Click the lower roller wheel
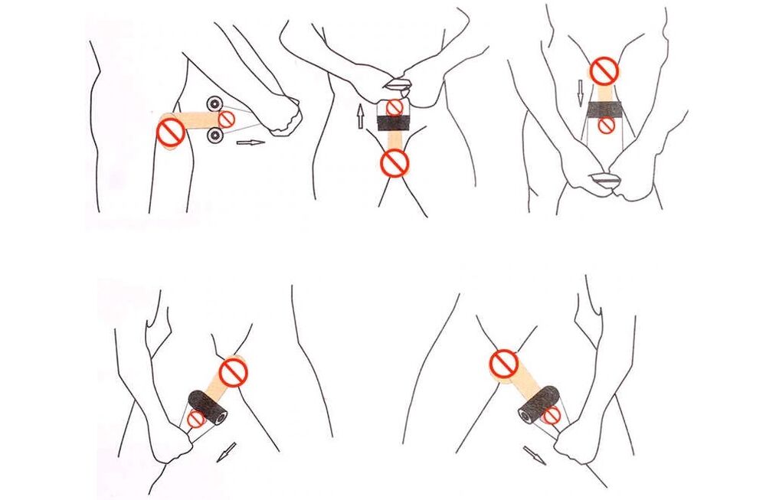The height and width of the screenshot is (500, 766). [215, 136]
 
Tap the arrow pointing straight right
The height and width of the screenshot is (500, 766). [250, 142]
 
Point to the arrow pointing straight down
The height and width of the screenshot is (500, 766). [580, 93]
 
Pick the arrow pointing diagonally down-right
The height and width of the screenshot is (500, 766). [535, 455]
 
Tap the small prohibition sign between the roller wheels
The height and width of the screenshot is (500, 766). [227, 119]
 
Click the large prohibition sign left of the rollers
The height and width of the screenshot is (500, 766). [170, 132]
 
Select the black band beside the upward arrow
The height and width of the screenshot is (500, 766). [394, 125]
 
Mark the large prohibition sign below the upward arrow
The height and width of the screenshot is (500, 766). [394, 162]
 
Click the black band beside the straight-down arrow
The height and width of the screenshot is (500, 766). [605, 112]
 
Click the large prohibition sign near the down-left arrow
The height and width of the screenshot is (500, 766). [233, 373]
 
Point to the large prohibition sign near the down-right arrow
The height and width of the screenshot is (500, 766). [503, 364]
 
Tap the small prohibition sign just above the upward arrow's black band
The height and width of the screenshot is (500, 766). [394, 107]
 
